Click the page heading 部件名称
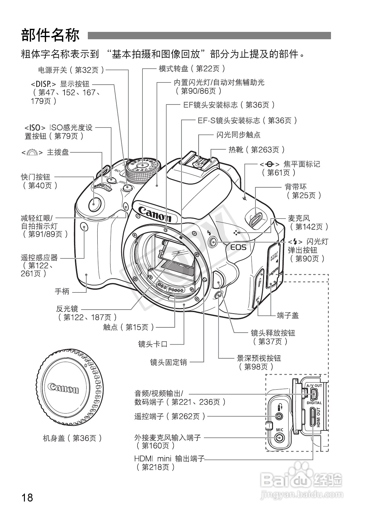[50, 35]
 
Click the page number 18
[27, 497]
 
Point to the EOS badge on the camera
[238, 247]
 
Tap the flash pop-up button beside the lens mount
[212, 242]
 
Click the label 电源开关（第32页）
[71, 70]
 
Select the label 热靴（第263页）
[257, 150]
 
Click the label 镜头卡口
[153, 344]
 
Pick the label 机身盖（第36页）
[72, 438]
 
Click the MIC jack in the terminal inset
[279, 438]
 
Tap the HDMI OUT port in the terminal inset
[313, 417]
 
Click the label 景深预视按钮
[259, 358]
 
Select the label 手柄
[62, 291]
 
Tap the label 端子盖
[287, 315]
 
